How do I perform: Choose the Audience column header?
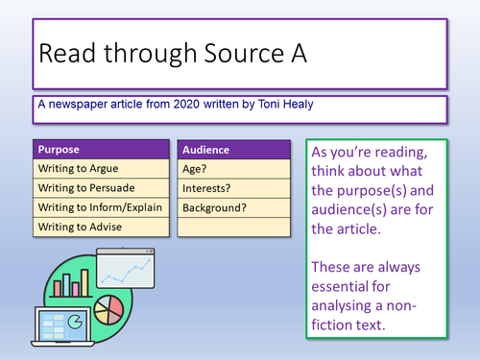click(x=233, y=151)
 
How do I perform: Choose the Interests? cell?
click(x=233, y=188)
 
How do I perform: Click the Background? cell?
click(x=233, y=207)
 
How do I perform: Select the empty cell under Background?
click(x=233, y=227)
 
